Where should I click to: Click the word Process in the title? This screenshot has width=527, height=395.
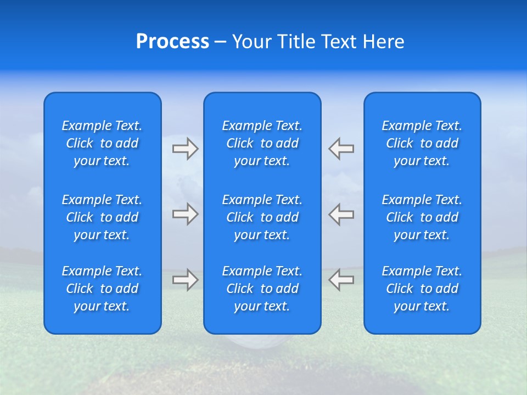point(172,42)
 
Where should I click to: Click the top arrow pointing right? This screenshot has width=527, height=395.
point(185,148)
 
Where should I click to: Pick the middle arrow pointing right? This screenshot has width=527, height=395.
point(185,214)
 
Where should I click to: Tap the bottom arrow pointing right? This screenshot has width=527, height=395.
point(185,280)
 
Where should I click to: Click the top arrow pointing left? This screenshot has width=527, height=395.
point(341,148)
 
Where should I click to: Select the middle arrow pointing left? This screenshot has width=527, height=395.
point(341,214)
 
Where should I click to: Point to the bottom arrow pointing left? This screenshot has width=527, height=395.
point(341,280)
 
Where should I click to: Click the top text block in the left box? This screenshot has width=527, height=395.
point(102,143)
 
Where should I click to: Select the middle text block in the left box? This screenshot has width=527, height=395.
point(102,217)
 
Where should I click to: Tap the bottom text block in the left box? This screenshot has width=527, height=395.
point(102,289)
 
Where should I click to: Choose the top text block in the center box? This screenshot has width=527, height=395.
point(262,143)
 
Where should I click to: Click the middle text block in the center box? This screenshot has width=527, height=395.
point(262,217)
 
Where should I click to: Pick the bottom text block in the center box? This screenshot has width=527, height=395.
point(262,289)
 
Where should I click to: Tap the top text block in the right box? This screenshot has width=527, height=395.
point(422,143)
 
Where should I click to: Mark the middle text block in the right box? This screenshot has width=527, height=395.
point(422,217)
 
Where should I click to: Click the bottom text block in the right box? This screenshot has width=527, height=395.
point(422,289)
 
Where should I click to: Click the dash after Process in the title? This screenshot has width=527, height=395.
point(220,42)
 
